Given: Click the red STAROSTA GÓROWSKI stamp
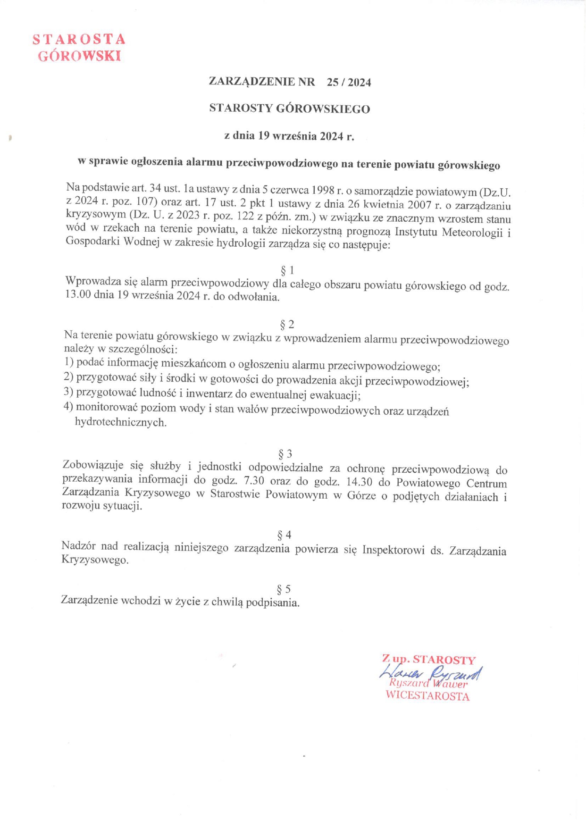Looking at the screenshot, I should pyautogui.click(x=79, y=48).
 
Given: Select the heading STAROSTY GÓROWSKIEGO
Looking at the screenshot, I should pyautogui.click(x=290, y=109).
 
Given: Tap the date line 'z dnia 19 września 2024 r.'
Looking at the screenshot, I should pyautogui.click(x=289, y=136).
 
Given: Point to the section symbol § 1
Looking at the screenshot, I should pyautogui.click(x=287, y=270).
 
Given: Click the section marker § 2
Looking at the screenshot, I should pyautogui.click(x=287, y=325).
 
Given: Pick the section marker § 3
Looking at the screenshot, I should pyautogui.click(x=285, y=454).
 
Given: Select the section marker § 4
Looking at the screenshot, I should pyautogui.click(x=285, y=535).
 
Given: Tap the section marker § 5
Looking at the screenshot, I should pyautogui.click(x=284, y=589).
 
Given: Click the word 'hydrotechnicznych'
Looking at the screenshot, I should pyautogui.click(x=121, y=422).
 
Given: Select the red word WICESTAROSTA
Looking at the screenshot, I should pyautogui.click(x=427, y=696).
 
